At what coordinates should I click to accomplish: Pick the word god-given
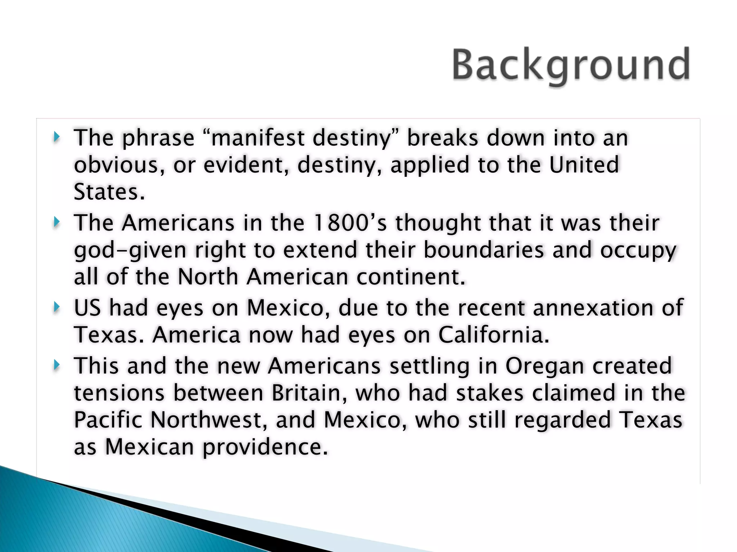130,250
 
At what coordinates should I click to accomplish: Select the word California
493,335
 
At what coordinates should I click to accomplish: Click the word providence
266,447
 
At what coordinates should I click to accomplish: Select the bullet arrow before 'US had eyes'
56,307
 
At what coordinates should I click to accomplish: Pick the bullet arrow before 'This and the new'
56,365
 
